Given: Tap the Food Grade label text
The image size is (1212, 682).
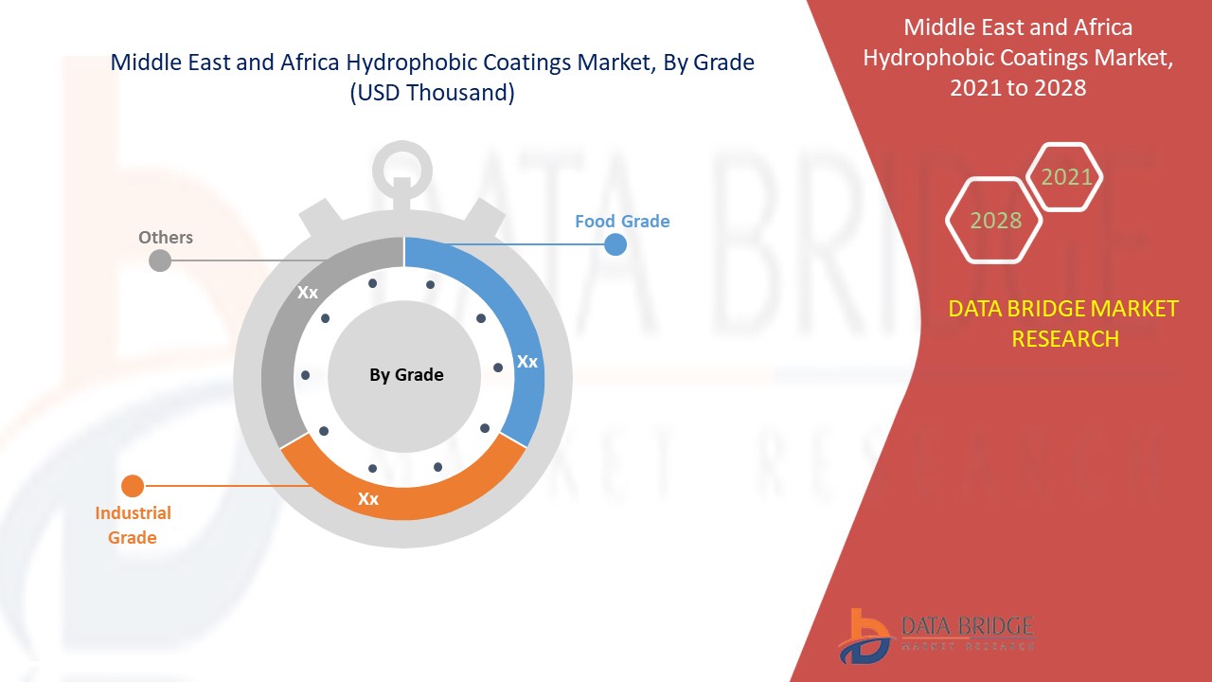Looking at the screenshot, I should pos(622,222).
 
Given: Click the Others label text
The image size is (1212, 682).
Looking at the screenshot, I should pos(166,237).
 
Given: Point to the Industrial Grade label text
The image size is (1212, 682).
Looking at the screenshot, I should pos(133,525).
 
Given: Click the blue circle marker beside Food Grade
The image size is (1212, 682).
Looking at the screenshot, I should pos(615,244).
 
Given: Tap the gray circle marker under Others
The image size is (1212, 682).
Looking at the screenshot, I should pos(160,260).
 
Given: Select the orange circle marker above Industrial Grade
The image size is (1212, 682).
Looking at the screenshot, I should pos(133,486).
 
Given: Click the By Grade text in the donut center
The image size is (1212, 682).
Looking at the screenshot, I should pos(406,375).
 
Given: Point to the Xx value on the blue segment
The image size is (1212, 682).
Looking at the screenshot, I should pos(527,362).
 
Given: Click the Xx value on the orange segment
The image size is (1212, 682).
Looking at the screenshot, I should pos(368,498).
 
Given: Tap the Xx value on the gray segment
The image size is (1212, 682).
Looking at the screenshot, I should pos(308,293).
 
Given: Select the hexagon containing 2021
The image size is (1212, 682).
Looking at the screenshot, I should pos(1066,177).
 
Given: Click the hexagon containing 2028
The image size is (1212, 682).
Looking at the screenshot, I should pos(995,221).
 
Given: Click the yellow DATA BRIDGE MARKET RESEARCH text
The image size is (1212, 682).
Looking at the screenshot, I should pos(1064,323).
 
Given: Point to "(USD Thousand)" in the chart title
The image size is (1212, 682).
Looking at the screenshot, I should pos(432,94).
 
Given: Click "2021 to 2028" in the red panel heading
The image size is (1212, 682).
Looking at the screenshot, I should pos(1018,88).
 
